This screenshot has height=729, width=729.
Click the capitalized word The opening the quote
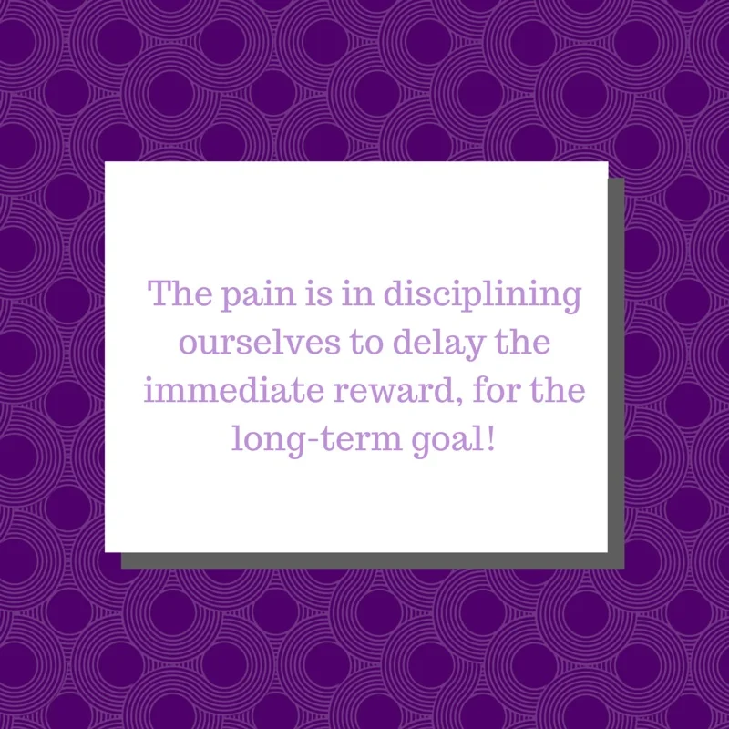click(180, 295)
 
